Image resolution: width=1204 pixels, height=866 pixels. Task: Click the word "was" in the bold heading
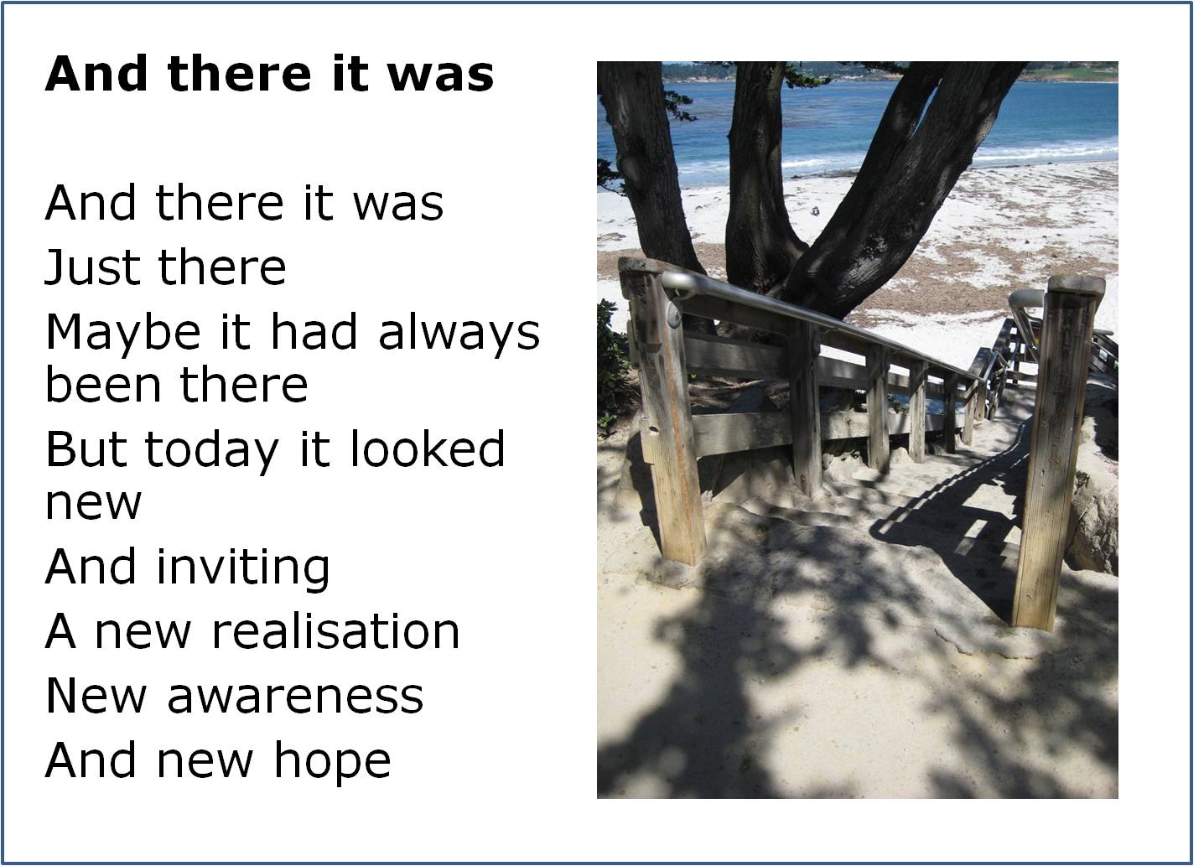coord(440,74)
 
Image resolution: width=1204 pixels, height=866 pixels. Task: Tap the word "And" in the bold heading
coord(96,73)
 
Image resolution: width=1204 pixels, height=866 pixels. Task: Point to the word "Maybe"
coord(123,334)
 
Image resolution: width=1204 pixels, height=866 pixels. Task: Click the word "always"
coord(459,334)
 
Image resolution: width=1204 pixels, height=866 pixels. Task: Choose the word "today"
coord(212,452)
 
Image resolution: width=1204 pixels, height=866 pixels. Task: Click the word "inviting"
coord(243,568)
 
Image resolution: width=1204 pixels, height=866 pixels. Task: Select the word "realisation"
coord(336,630)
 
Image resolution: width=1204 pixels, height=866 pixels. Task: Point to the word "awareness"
coord(296,696)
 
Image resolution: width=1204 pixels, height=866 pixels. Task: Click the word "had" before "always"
coord(314,330)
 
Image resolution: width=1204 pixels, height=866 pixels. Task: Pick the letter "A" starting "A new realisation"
coord(60,631)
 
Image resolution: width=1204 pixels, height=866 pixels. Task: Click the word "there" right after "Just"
coord(222,267)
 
